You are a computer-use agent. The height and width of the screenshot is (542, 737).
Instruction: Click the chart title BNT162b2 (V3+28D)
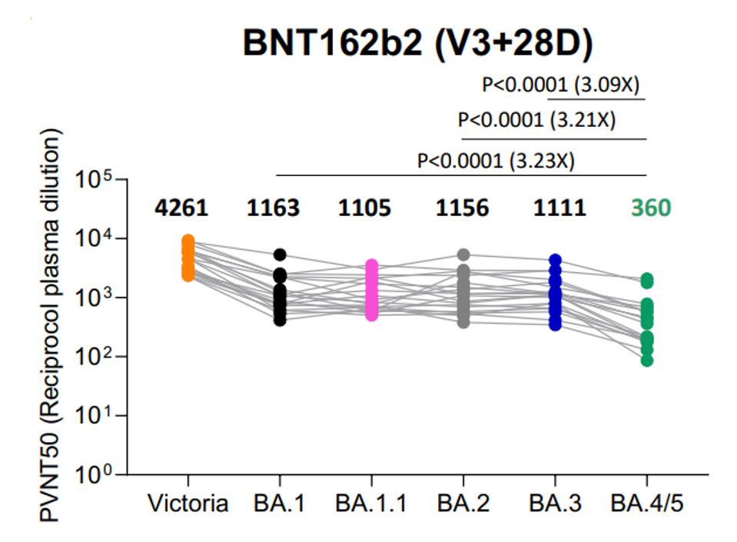click(x=417, y=45)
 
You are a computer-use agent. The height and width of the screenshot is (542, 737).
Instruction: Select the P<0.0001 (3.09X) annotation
click(x=560, y=84)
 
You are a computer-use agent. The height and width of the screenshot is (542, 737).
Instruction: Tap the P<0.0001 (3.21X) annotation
click(x=536, y=120)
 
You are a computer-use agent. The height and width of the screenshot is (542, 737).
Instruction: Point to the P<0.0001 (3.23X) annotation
click(x=496, y=161)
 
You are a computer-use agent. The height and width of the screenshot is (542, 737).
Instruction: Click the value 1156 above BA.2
click(x=463, y=208)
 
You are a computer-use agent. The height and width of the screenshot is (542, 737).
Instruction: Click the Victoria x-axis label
click(x=188, y=504)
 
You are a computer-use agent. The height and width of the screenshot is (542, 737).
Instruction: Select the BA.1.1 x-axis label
click(x=372, y=504)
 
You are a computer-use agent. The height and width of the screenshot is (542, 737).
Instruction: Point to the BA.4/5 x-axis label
click(x=646, y=504)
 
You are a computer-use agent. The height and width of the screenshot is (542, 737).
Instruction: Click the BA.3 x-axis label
click(x=555, y=504)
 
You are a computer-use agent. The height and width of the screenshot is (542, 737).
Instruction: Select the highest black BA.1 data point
click(x=280, y=254)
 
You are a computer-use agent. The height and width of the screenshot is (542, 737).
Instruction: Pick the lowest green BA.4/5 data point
click(x=647, y=360)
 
